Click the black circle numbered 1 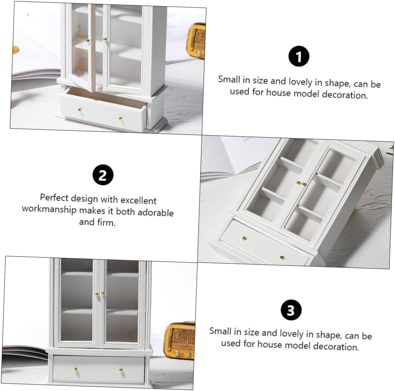tap(299, 56)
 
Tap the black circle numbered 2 tap(103, 175)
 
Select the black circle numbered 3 tap(291, 310)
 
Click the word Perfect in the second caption tap(54, 198)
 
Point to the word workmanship tap(49, 210)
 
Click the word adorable tap(156, 212)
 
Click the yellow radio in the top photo tap(195, 40)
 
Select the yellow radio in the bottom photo tap(179, 340)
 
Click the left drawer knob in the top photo tap(79, 110)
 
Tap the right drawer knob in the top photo tap(120, 118)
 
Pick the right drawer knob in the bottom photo tap(121, 370)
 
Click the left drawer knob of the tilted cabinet tap(244, 238)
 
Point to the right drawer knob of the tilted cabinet tap(282, 257)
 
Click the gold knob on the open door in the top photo tap(88, 40)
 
